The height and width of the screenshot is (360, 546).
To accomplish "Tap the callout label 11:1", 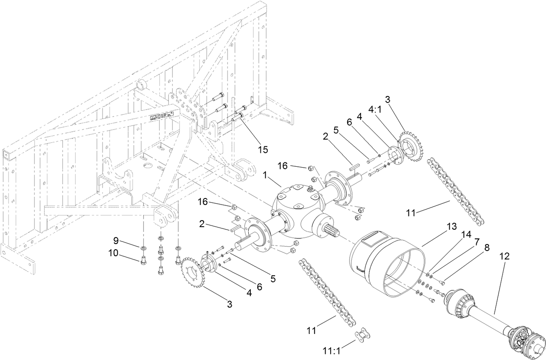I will point(332,350).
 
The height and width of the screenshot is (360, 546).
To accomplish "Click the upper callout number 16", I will point(283,166).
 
